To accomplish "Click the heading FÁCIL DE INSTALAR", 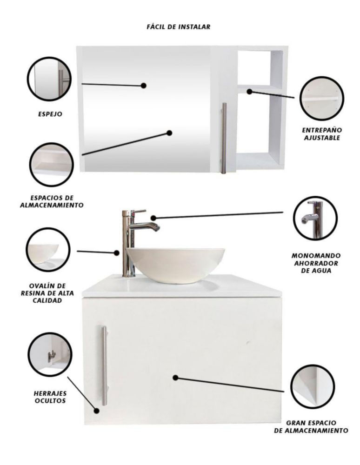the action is coord(179,27).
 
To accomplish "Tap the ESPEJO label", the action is coord(50,114).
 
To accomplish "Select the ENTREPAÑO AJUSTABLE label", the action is coord(322,134).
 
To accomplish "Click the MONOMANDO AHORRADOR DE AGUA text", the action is coord(316,263).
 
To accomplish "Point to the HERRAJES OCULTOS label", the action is coord(50,397).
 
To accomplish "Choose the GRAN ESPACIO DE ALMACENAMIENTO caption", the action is coord(311,426).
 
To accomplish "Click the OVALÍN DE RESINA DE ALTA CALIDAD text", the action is coord(47,293).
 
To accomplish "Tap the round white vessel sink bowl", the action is coord(175,265).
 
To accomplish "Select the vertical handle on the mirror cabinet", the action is coord(224,138).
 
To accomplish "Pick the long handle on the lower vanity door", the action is coord(104,365).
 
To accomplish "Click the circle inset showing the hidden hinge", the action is coord(50,354).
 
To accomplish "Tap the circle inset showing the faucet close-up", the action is coord(315,218).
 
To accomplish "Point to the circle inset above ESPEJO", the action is coord(49,79).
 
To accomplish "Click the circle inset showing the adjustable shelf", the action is coord(322,98).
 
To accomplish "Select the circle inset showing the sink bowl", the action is coord(48,249).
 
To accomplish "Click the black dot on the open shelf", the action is coord(250,91).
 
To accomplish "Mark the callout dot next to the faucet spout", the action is coord(153,218).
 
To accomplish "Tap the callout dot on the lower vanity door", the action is coord(175,378).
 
